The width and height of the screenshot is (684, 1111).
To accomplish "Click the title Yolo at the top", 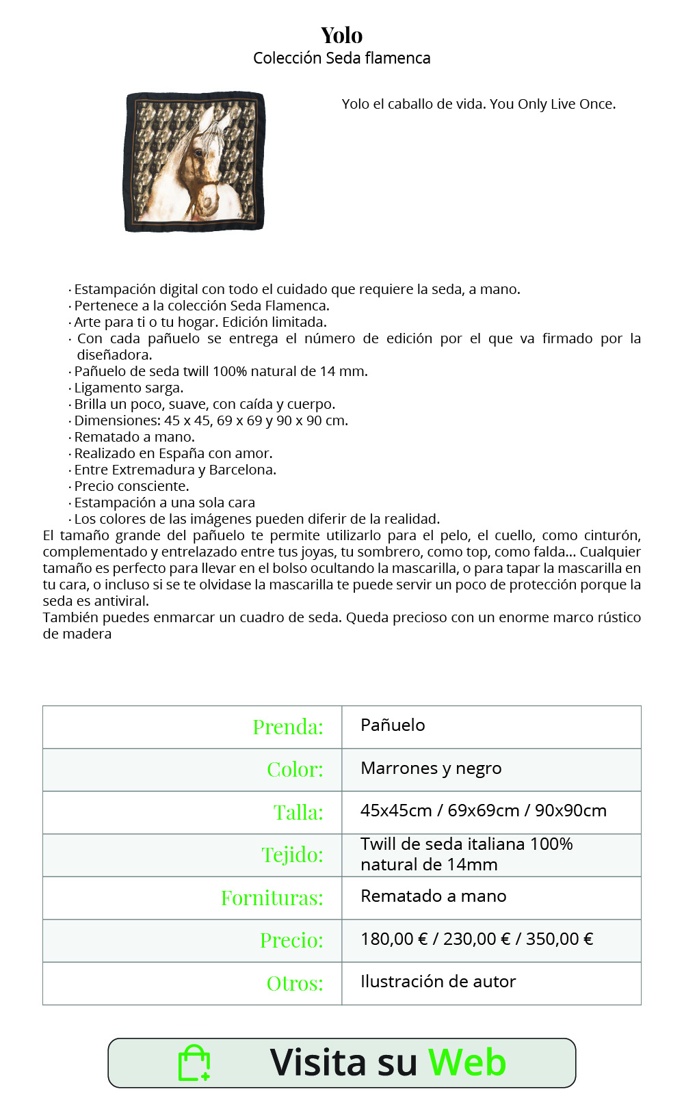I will (341, 35).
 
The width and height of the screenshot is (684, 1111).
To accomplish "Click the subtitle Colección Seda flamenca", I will (341, 58).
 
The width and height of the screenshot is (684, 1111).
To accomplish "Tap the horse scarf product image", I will (194, 161).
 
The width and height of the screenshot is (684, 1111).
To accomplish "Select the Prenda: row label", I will (288, 727).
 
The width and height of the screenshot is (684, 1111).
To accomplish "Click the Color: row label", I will (295, 770).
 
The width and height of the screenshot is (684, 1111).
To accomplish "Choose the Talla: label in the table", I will (298, 813).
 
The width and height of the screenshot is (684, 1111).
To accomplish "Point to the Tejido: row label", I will (292, 855).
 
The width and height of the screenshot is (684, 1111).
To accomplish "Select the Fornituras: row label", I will (272, 898).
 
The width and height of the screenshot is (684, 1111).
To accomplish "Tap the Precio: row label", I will (291, 941).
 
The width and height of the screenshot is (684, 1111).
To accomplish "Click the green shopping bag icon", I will (194, 1063).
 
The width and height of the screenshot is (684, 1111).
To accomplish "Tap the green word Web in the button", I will (467, 1062).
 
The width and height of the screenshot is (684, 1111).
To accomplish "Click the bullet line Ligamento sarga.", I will (129, 388).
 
